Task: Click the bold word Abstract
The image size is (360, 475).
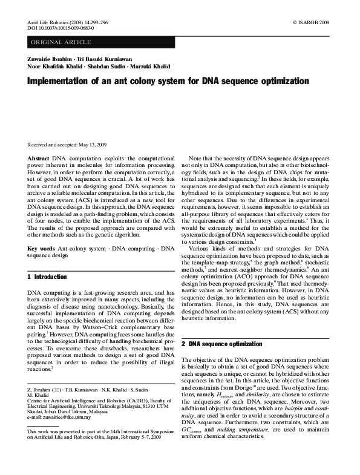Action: (x=39, y=157)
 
